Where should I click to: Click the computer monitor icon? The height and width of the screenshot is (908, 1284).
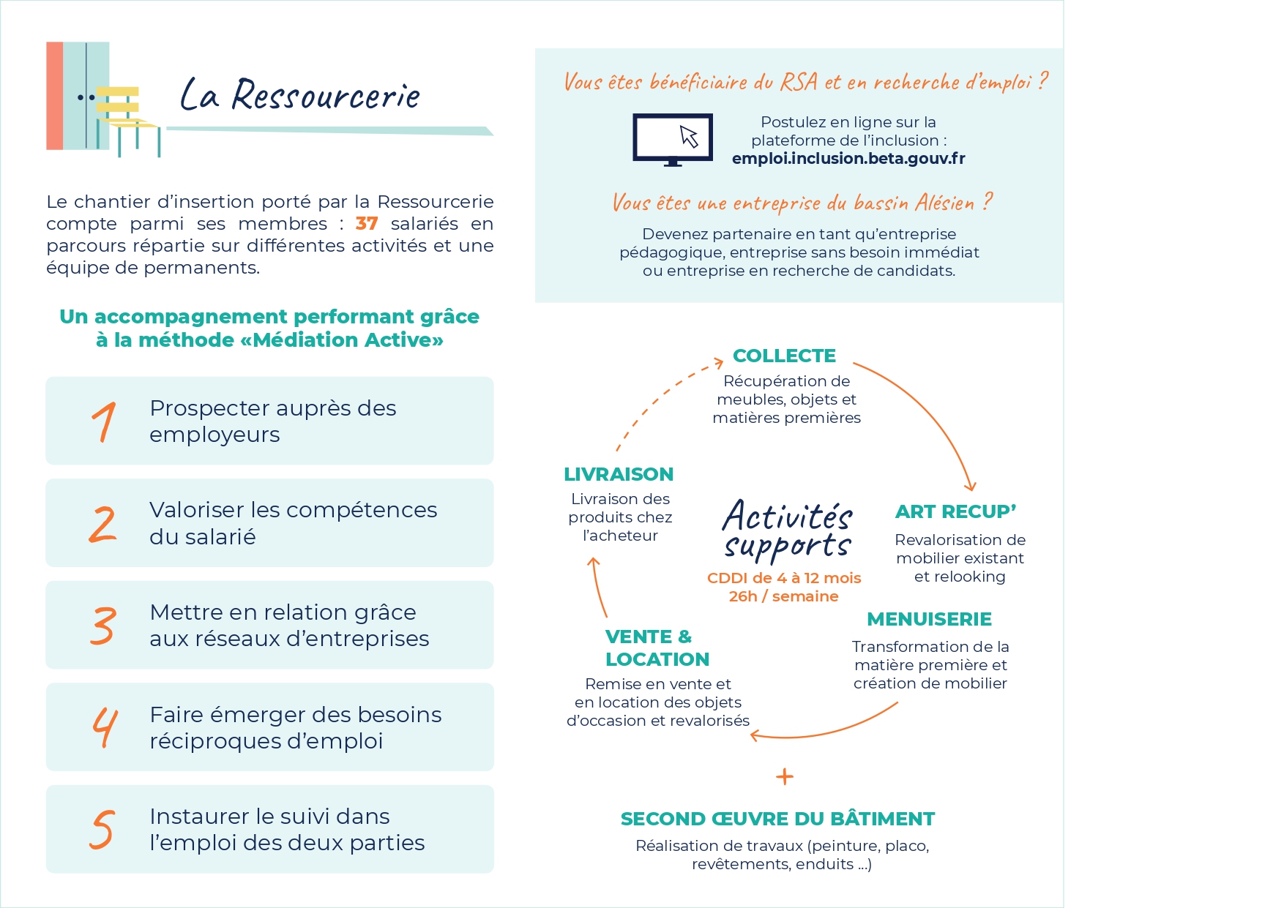tap(672, 139)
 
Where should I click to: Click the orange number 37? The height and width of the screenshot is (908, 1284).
tap(367, 223)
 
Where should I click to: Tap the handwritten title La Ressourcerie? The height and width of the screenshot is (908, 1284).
tap(300, 95)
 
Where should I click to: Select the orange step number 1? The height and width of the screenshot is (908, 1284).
tap(104, 421)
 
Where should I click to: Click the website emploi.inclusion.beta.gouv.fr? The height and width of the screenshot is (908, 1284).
tap(848, 159)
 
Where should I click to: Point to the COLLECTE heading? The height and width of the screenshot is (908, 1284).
tap(784, 356)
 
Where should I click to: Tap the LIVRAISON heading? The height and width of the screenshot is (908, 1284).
tap(619, 474)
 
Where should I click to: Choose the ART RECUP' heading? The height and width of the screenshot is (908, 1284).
tap(955, 511)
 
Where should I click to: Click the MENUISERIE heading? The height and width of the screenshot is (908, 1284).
tap(929, 619)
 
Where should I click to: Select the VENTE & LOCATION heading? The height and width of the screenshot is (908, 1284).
tap(657, 648)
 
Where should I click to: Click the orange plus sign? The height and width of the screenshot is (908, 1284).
tap(784, 776)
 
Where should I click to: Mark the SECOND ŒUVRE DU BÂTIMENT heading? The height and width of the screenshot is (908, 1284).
tap(777, 818)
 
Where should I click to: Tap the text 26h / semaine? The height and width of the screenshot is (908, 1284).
tap(783, 596)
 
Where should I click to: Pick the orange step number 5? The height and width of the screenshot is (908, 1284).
tap(102, 829)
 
